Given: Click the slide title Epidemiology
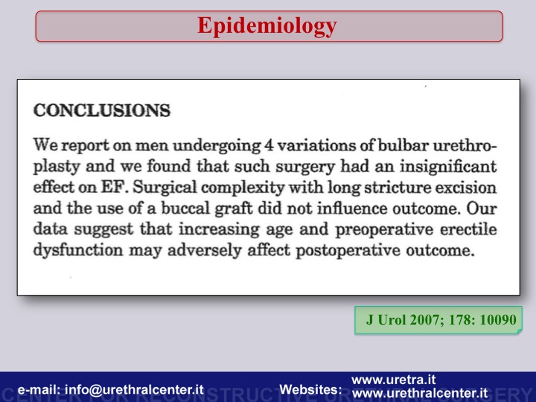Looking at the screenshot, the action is [267, 26].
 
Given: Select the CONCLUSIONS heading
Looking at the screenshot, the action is [102, 110].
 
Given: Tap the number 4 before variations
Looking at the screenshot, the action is [268, 146].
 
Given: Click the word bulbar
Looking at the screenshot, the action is [403, 145].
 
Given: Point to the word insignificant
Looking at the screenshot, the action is [448, 167].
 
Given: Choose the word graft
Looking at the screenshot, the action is [234, 209].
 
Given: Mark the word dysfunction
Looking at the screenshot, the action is [78, 250].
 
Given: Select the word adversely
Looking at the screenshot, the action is [205, 250].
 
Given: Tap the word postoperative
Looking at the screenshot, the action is [348, 251].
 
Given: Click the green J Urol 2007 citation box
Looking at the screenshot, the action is [438, 320].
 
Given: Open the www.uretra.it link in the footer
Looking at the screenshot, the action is [394, 380].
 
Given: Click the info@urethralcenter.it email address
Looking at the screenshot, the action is [134, 389].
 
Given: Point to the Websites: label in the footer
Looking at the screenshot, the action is [310, 389].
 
